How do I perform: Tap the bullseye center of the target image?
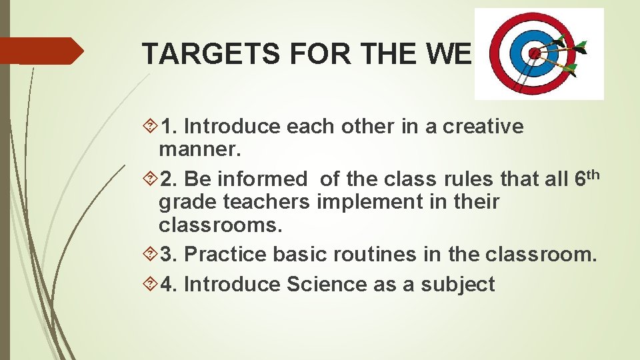[x=533, y=53]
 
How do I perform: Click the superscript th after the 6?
[x=596, y=174]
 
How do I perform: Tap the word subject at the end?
[x=460, y=285]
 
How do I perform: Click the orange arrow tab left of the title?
[x=40, y=51]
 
